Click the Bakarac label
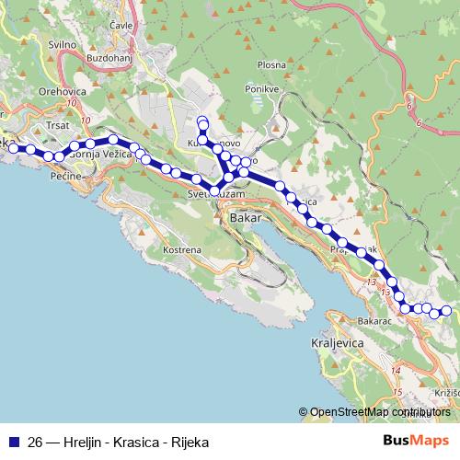375,321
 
